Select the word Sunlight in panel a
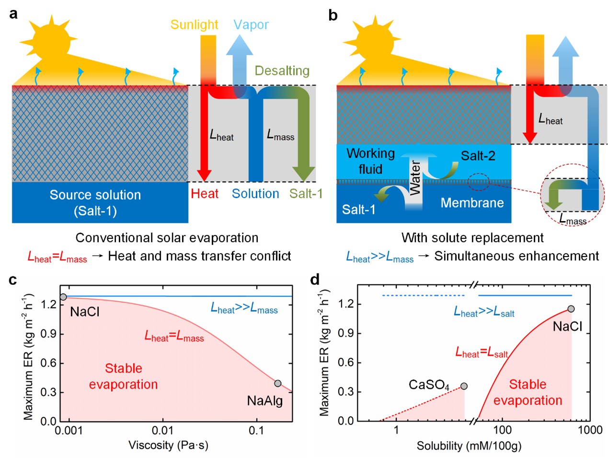(194, 24)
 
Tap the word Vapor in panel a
(251, 24)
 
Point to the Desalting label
(282, 70)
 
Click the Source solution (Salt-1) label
(95, 202)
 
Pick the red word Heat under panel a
(205, 194)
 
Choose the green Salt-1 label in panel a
(306, 194)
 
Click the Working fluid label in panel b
(370, 161)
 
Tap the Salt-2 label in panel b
(478, 156)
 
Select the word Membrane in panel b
(472, 203)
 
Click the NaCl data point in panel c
(63, 297)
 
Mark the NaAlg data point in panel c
(278, 383)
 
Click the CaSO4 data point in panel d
(464, 386)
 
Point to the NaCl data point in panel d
(571, 309)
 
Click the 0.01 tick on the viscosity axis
(163, 430)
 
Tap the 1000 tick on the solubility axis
(590, 430)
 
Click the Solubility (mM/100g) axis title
(469, 446)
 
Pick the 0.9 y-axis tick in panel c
(48, 334)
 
